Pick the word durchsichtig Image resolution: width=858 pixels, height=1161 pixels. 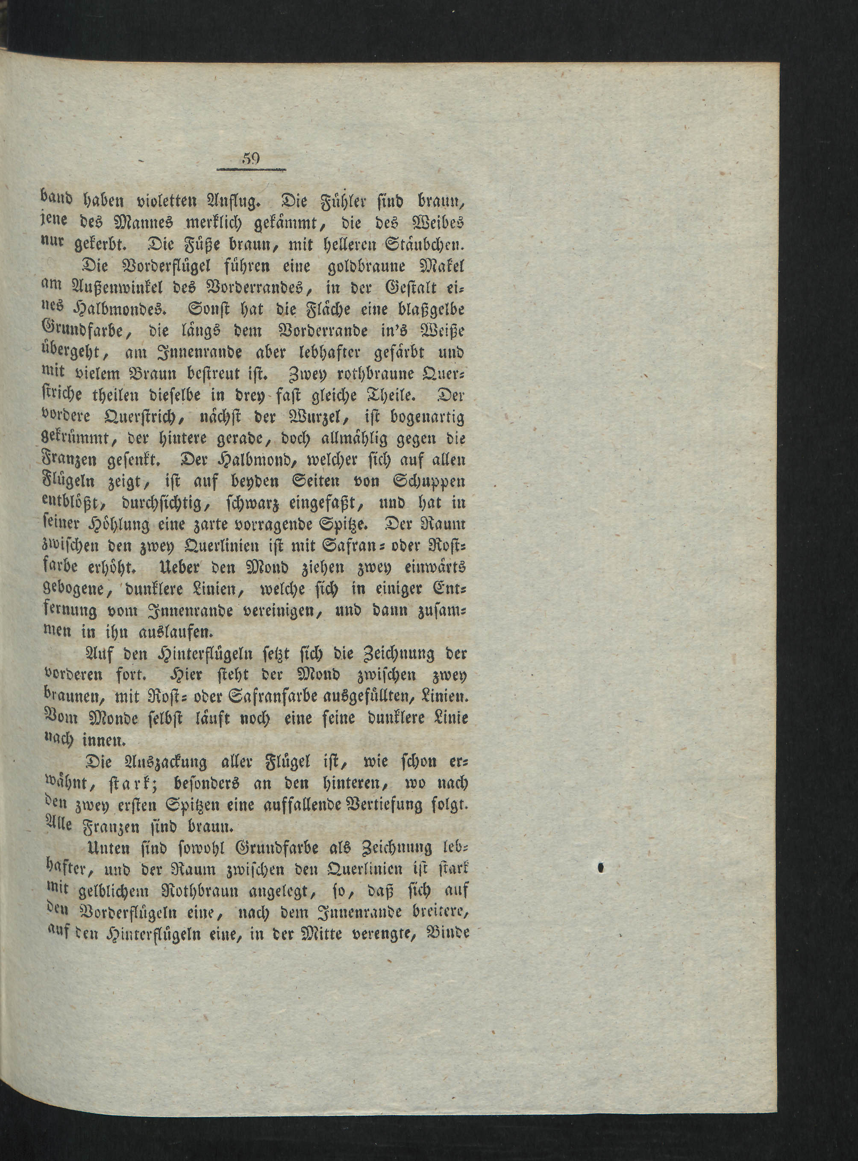pyautogui.click(x=147, y=504)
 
